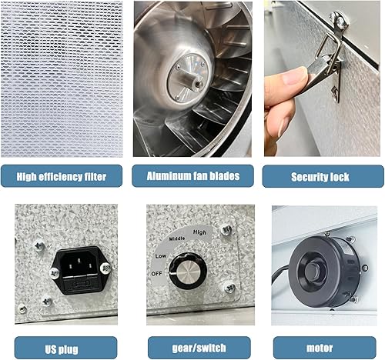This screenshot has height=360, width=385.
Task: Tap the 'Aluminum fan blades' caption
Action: pyautogui.click(x=192, y=176)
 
